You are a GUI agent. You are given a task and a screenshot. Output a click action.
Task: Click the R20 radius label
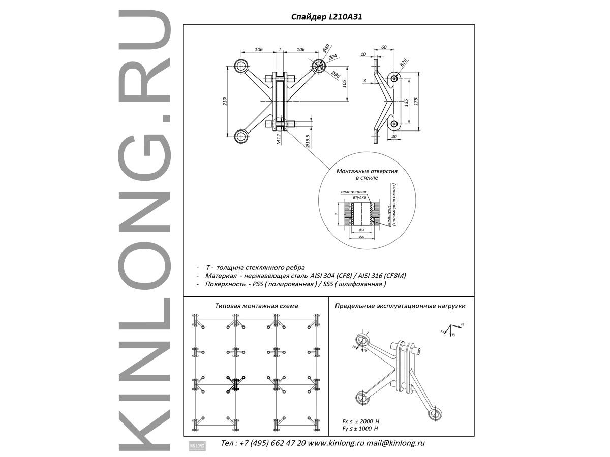(x=403, y=63)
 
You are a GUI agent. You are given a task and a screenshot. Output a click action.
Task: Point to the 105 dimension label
(x=344, y=84)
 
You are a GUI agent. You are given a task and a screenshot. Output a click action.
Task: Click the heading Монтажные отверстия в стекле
(x=367, y=175)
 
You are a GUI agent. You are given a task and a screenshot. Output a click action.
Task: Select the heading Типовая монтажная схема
(x=257, y=306)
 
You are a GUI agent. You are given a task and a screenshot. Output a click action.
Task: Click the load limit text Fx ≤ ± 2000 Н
(x=362, y=422)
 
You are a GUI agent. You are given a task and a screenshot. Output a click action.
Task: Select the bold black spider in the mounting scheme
(x=235, y=384)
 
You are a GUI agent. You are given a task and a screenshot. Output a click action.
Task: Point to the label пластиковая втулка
(x=353, y=193)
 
